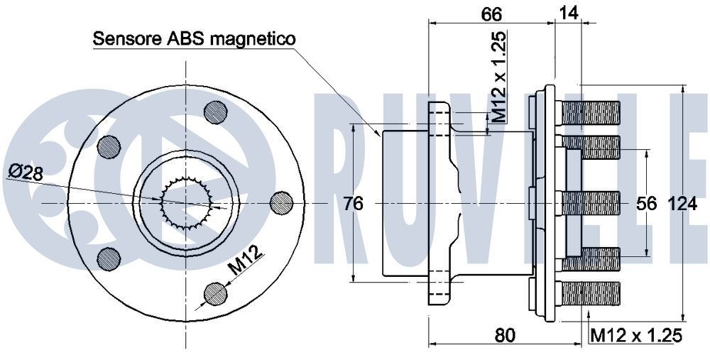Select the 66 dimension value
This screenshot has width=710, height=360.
pyautogui.click(x=491, y=14)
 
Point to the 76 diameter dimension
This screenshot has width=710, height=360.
pyautogui.click(x=353, y=204)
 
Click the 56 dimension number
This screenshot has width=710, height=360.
pyautogui.click(x=646, y=204)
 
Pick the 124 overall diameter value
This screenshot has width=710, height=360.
pyautogui.click(x=683, y=204)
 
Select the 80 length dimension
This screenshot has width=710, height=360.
pyautogui.click(x=505, y=334)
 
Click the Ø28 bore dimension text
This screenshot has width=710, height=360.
pyautogui.click(x=26, y=171)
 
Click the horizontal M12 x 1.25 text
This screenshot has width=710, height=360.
pyautogui.click(x=636, y=334)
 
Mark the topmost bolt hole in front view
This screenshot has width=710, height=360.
pyautogui.click(x=216, y=111)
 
